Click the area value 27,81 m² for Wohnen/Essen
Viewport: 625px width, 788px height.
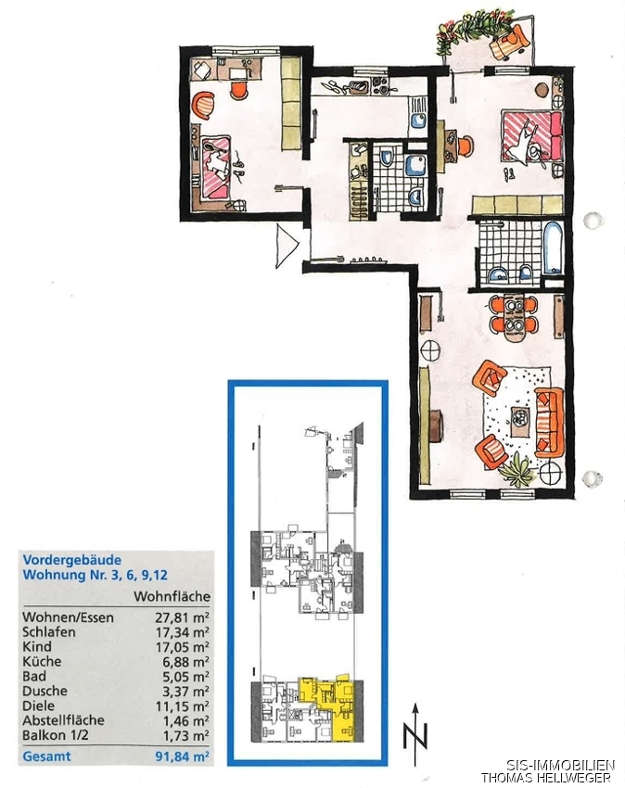coord(182,617)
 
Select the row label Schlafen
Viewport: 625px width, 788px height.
coord(49,632)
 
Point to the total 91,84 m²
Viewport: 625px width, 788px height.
coord(182,756)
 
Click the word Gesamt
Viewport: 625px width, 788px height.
coord(46,756)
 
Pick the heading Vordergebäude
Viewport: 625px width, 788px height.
coord(72,560)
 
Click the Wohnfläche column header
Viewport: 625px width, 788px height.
coord(172,596)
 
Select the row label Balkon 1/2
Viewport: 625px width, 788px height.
coord(56,735)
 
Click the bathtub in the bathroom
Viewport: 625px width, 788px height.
coord(553,248)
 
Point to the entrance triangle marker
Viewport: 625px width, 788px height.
coord(287,246)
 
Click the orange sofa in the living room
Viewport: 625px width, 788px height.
coord(549,422)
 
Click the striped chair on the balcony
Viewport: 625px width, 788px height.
coord(509,42)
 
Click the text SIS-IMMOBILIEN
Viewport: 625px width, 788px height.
coord(560,766)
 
